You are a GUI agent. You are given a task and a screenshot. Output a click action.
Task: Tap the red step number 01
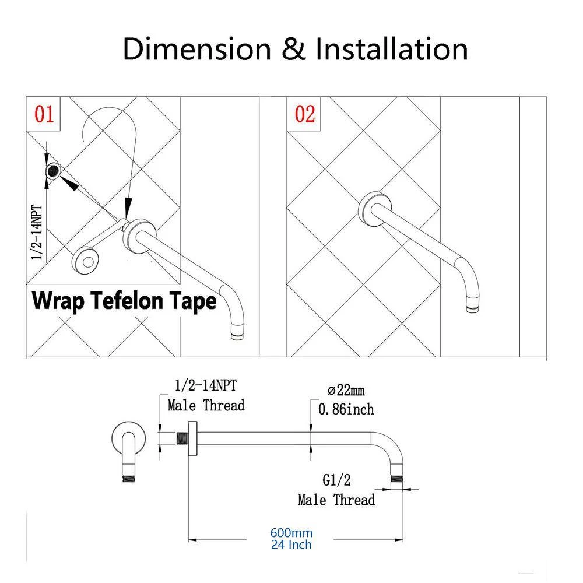pyautogui.click(x=44, y=114)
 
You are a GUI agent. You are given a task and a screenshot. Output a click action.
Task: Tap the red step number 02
pyautogui.click(x=305, y=114)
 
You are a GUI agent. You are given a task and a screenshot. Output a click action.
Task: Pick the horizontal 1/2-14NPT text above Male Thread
pyautogui.click(x=206, y=385)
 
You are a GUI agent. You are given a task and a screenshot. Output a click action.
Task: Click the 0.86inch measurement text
pyautogui.click(x=346, y=409)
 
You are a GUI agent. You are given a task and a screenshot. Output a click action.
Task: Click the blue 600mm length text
pyautogui.click(x=291, y=533)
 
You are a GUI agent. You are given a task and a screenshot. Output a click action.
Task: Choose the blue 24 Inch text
pyautogui.click(x=291, y=545)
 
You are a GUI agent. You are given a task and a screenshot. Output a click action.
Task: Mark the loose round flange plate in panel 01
pyautogui.click(x=85, y=263)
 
